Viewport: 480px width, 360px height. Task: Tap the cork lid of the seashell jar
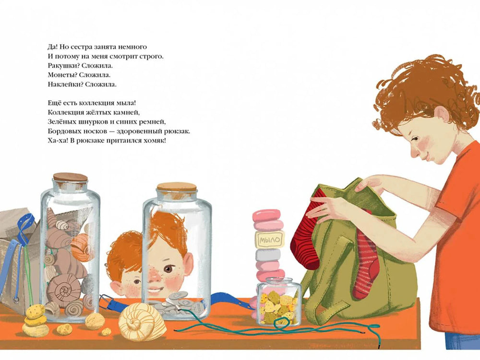[x=71, y=178]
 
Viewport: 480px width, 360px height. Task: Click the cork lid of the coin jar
[x=177, y=187]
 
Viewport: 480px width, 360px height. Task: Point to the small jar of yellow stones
[x=278, y=301]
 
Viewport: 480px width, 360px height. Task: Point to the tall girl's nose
[x=414, y=152]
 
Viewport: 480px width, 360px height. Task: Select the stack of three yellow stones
[x=35, y=321]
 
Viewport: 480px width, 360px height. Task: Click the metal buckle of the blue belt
[x=105, y=301]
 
